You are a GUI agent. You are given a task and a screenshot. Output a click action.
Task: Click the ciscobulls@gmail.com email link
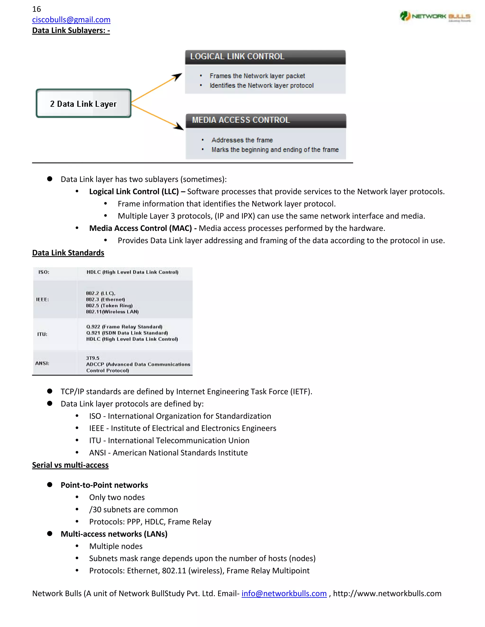(x=71, y=20)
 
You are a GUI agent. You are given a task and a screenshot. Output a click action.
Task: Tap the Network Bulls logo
(x=435, y=16)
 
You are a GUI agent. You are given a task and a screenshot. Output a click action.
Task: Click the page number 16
(x=36, y=9)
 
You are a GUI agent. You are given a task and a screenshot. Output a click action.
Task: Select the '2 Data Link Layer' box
(x=83, y=103)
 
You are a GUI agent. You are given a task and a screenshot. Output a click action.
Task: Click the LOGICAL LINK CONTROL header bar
(x=265, y=57)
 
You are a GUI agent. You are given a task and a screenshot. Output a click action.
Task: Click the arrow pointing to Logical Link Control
(x=157, y=88)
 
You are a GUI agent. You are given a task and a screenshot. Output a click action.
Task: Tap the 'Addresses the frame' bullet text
(x=242, y=140)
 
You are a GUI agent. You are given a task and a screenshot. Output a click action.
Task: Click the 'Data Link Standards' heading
(x=68, y=253)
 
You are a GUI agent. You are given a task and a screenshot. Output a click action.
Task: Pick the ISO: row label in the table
(x=44, y=272)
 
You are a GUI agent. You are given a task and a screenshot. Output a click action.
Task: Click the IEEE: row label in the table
(x=42, y=300)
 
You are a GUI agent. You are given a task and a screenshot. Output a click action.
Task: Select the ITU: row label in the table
(x=42, y=334)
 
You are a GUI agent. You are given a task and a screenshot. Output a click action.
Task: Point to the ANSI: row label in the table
(x=42, y=363)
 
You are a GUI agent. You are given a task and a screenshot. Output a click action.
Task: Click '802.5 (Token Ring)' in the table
(x=109, y=306)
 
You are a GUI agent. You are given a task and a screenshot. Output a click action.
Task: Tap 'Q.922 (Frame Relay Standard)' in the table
(x=124, y=327)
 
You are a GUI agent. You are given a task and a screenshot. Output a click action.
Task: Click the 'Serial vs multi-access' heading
(x=70, y=465)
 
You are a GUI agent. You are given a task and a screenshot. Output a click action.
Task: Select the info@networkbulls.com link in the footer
(x=284, y=593)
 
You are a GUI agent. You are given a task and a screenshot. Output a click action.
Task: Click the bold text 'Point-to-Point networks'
(x=104, y=485)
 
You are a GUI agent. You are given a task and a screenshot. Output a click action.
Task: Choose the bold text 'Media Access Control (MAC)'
(x=140, y=228)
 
